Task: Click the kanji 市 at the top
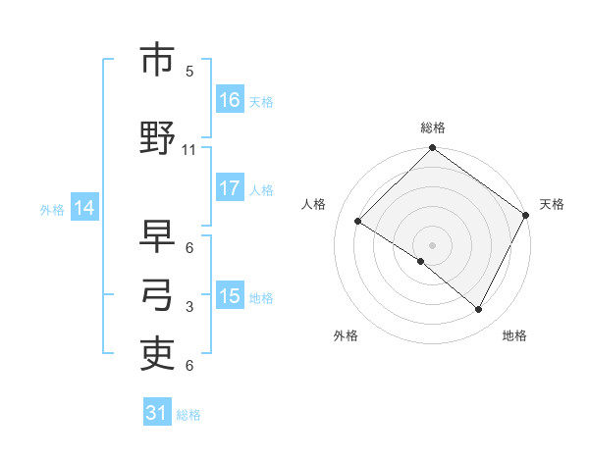click(x=157, y=61)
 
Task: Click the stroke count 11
click(x=189, y=149)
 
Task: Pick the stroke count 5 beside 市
click(x=189, y=71)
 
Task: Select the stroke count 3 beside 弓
click(x=189, y=307)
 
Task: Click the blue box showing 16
click(x=230, y=100)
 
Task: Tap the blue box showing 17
click(x=230, y=188)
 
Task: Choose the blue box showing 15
click(x=230, y=296)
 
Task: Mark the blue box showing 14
click(x=83, y=208)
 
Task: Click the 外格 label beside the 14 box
click(x=52, y=209)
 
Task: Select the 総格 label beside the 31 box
click(x=188, y=415)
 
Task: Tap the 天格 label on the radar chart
click(x=552, y=204)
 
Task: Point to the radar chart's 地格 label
click(x=514, y=335)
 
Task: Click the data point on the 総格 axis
click(x=432, y=148)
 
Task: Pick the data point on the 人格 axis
click(x=358, y=222)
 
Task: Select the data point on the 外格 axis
click(x=421, y=261)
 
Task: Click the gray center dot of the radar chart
click(x=432, y=244)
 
